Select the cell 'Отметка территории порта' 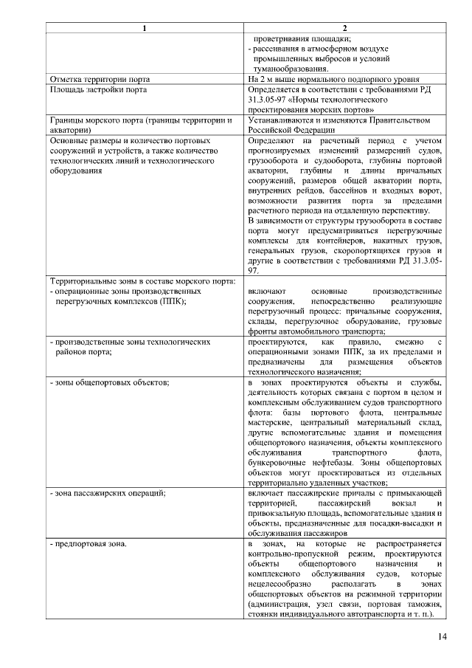click(100, 78)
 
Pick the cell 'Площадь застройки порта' click(97, 89)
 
